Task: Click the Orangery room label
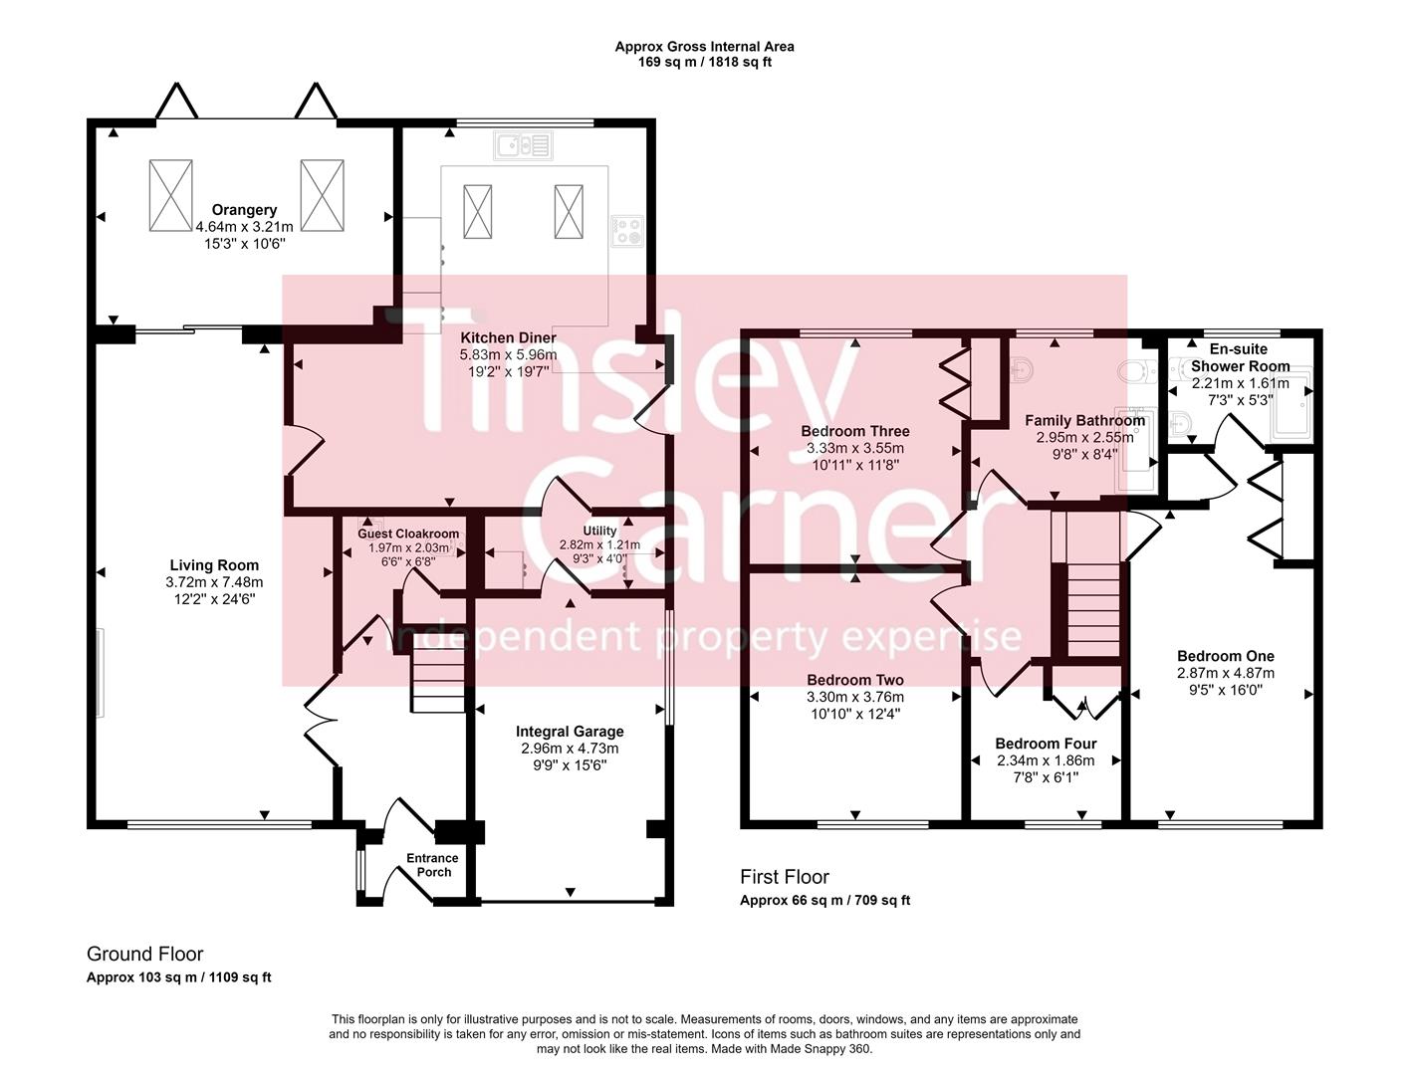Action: tap(244, 210)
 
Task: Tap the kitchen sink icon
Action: tap(522, 146)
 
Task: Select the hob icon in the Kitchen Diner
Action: tap(627, 232)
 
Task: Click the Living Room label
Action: tap(214, 565)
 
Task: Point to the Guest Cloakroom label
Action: tap(408, 534)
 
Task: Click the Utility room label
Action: tap(599, 531)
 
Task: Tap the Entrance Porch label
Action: tap(432, 865)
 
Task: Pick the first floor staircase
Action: tap(1093, 608)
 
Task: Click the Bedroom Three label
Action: tap(855, 431)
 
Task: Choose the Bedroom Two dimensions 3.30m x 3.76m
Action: tap(855, 697)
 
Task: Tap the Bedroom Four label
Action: tap(1046, 744)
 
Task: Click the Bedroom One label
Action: tap(1225, 656)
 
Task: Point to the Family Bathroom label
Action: tap(1084, 421)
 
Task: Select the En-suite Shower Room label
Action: tap(1240, 358)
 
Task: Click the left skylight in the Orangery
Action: tap(170, 195)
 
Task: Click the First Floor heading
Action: tap(784, 877)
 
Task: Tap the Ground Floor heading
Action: tap(145, 954)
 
